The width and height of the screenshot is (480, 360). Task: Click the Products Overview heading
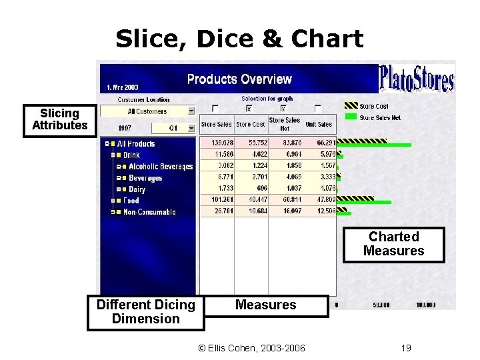click(x=239, y=79)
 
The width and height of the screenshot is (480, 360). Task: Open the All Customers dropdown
click(x=191, y=111)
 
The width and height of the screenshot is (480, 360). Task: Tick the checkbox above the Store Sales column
click(x=215, y=109)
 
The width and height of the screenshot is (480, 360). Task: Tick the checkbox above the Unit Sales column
click(x=317, y=109)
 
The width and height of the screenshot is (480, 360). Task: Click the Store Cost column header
click(x=251, y=124)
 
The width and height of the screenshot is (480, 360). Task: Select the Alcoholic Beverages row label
click(x=160, y=167)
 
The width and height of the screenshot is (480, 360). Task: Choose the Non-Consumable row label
click(x=149, y=212)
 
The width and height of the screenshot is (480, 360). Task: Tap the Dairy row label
click(x=137, y=189)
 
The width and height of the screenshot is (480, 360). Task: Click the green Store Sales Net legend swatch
click(x=351, y=118)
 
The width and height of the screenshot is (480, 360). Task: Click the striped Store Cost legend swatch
click(x=351, y=106)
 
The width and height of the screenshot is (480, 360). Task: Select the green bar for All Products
click(x=373, y=145)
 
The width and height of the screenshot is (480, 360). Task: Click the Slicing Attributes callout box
click(x=59, y=119)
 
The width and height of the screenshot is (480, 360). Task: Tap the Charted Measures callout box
click(x=393, y=244)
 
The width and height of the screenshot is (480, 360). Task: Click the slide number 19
click(x=406, y=347)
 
